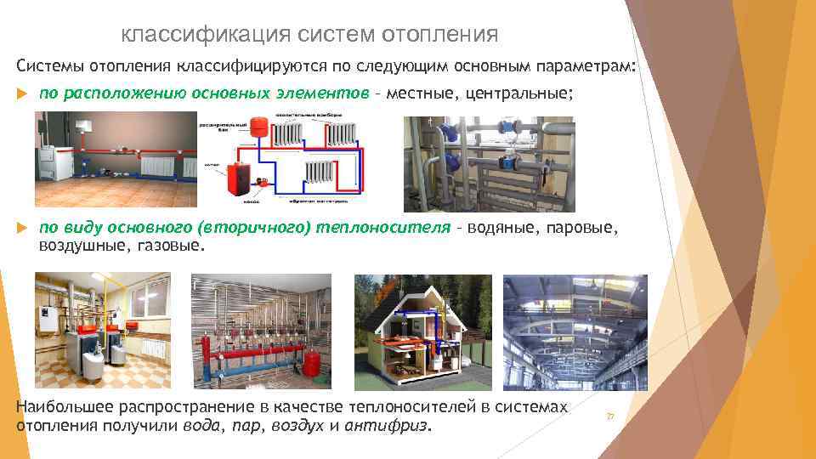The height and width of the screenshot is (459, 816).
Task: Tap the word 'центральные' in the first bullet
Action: point(522,93)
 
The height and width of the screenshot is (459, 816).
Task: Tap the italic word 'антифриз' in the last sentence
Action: point(394,425)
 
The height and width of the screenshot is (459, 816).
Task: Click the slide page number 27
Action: point(609,416)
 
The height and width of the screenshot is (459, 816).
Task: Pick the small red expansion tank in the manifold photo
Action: point(312,362)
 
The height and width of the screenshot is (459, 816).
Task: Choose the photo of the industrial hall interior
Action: point(575,331)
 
